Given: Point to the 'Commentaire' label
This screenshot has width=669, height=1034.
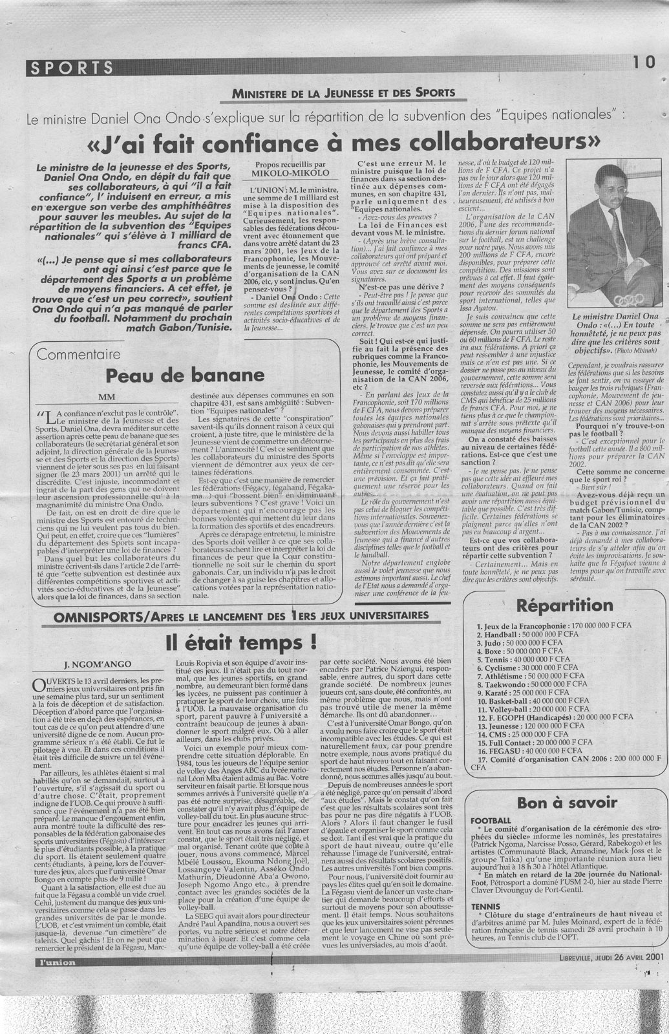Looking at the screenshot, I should coord(80,355).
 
